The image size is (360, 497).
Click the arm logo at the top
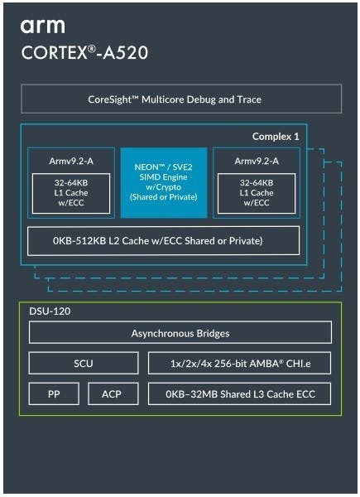point(43,27)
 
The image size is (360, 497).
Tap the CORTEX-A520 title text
point(84,53)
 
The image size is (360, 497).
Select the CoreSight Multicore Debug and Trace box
point(181,99)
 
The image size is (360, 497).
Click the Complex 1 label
point(276,137)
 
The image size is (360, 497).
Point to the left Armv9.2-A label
point(71,161)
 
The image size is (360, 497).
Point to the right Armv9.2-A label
point(257,161)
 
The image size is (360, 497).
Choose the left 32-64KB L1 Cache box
point(71,193)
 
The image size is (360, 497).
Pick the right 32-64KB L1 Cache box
point(257,193)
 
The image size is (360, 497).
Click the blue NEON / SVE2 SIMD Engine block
point(164,182)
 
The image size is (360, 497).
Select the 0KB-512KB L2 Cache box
point(163,241)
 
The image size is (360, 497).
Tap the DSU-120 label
point(50,311)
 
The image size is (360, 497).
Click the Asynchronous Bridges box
point(180,333)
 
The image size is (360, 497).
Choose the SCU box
point(84,364)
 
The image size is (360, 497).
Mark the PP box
point(54,394)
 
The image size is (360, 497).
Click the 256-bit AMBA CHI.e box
point(240,364)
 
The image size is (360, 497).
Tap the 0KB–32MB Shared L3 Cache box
point(240,394)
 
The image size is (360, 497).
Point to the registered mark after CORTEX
point(92,49)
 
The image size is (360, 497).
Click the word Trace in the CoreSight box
point(249,99)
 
